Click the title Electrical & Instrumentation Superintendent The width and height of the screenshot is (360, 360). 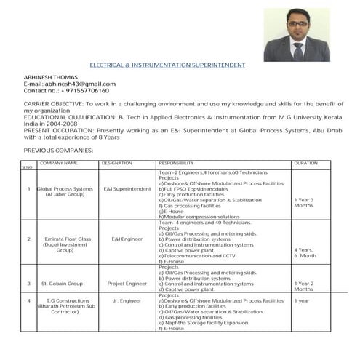pos(167,65)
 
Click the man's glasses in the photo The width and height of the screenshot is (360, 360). pos(297,24)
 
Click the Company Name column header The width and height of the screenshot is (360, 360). pos(58,163)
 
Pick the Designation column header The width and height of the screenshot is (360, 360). pos(117,163)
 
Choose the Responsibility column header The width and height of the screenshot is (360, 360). pos(176,163)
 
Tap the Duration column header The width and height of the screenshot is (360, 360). pos(305,163)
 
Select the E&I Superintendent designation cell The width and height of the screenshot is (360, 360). pos(127,189)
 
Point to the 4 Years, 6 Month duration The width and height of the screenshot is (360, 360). pos(305,253)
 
